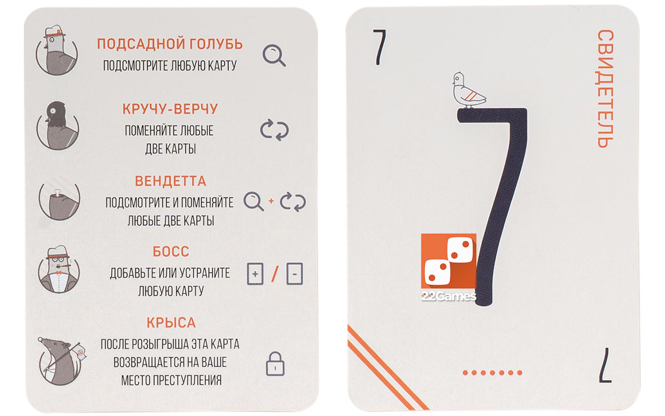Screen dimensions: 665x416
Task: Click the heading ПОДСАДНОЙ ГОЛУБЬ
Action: click(170, 44)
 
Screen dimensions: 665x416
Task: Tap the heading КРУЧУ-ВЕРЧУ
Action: click(170, 109)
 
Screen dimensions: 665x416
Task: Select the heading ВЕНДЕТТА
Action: click(170, 181)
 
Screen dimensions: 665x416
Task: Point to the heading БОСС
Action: click(171, 251)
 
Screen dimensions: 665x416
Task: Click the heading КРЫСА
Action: click(171, 323)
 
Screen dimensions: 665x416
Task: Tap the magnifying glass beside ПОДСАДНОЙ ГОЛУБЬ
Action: click(273, 55)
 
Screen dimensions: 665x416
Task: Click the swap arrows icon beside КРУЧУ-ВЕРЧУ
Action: click(275, 130)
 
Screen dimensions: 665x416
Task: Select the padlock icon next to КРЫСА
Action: click(275, 364)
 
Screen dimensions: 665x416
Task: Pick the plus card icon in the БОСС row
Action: click(255, 273)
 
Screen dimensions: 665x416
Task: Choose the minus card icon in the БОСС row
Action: click(295, 273)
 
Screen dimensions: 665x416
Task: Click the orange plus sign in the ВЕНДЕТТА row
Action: click(271, 201)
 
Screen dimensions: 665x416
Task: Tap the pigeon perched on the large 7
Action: click(468, 90)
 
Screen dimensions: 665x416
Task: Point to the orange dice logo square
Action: click(449, 261)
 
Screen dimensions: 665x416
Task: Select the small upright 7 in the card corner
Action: click(379, 47)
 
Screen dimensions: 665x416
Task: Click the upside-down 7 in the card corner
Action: click(605, 365)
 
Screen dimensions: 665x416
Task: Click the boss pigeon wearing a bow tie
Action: click(59, 269)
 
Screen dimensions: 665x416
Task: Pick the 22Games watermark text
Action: click(449, 296)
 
